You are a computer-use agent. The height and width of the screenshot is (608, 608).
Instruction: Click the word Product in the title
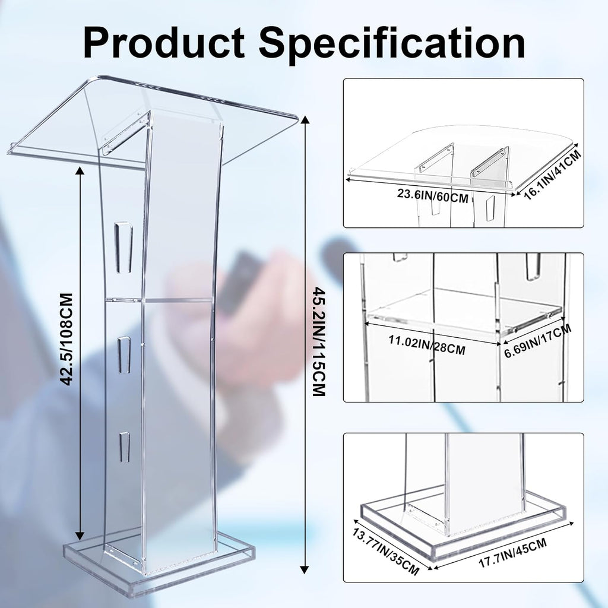(x=163, y=42)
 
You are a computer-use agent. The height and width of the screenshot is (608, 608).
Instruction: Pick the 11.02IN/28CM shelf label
(x=426, y=344)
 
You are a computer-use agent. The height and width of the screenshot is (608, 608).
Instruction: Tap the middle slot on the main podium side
(x=124, y=354)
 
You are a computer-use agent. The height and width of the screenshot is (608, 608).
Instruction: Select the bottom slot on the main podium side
(x=124, y=447)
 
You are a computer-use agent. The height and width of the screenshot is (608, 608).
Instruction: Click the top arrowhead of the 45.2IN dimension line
(x=305, y=121)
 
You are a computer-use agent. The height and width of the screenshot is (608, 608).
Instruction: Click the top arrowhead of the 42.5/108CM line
(x=80, y=170)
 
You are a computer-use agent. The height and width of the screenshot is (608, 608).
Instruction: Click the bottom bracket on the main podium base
(x=125, y=558)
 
